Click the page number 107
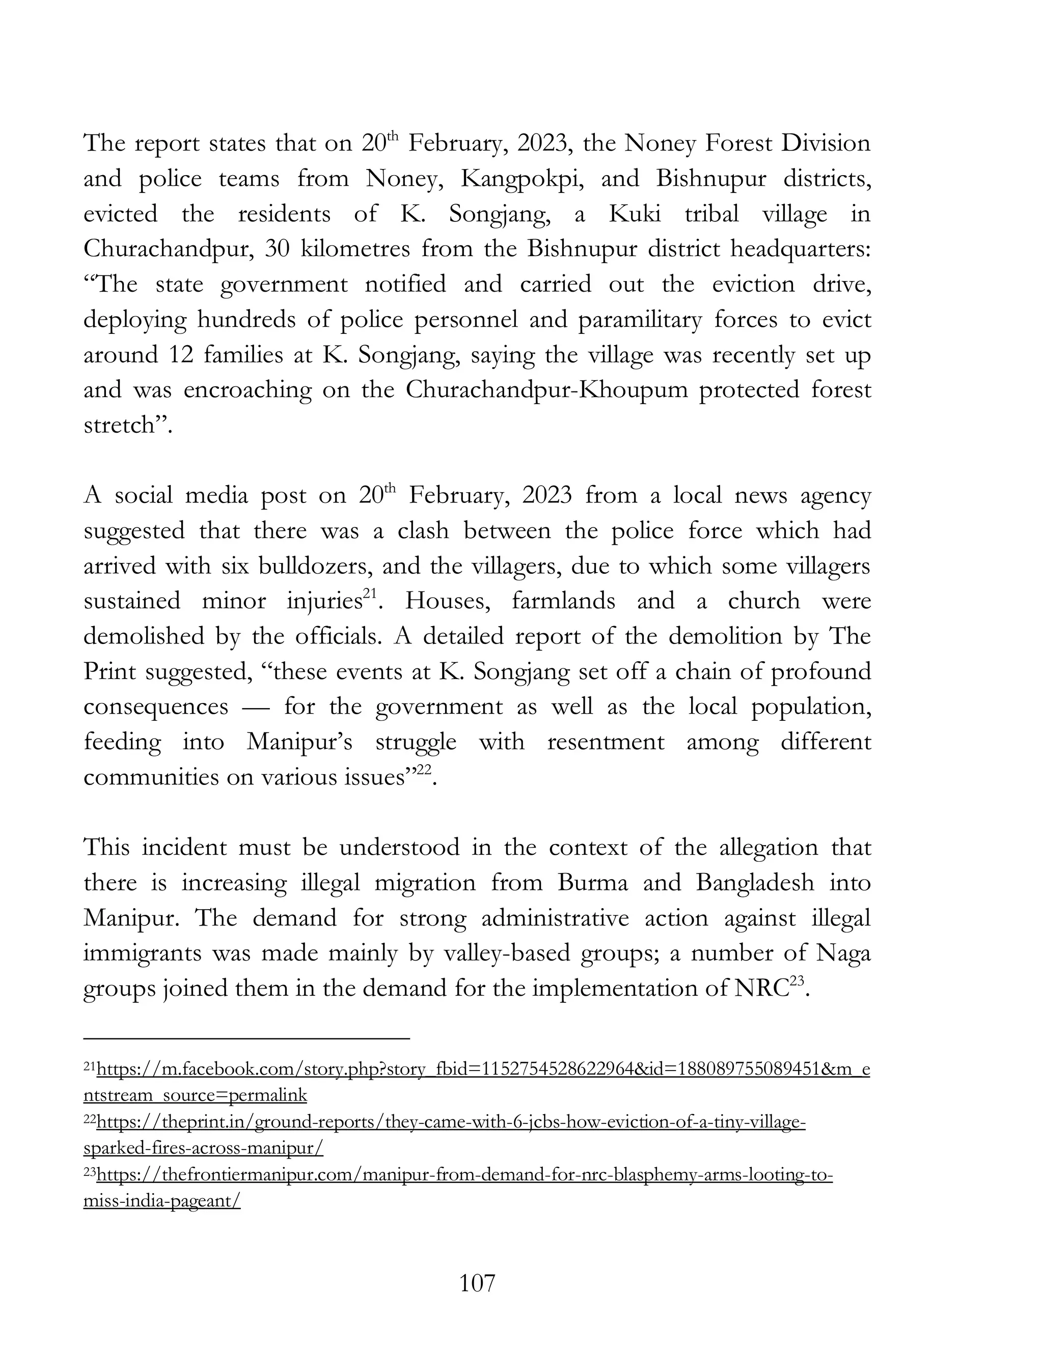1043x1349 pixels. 477,1283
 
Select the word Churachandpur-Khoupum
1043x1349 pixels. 546,390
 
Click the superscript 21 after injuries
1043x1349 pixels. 370,594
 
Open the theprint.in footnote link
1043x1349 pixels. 451,1122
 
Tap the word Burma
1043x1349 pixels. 592,883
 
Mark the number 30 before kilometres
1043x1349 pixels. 278,249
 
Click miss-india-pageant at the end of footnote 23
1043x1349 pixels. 162,1201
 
